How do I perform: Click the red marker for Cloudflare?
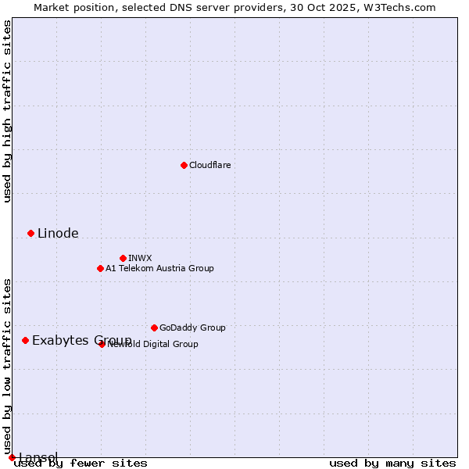[x=184, y=165]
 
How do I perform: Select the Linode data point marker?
[x=30, y=233]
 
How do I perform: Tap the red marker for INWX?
[x=123, y=258]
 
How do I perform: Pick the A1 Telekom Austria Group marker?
[x=100, y=268]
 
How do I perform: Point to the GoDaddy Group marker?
[x=154, y=328]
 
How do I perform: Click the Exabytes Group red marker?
[x=25, y=340]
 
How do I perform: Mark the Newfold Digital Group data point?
[x=102, y=344]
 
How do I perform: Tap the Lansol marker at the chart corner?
[x=12, y=457]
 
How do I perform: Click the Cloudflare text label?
[x=209, y=165]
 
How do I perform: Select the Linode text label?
[x=58, y=233]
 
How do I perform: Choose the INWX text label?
[x=140, y=258]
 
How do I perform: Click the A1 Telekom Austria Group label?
[x=159, y=268]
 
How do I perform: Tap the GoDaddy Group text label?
[x=192, y=328]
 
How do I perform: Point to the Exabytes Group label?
[x=81, y=340]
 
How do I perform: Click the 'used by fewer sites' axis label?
[x=81, y=464]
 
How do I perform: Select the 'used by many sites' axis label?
[x=392, y=464]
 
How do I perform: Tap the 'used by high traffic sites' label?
[x=7, y=111]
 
